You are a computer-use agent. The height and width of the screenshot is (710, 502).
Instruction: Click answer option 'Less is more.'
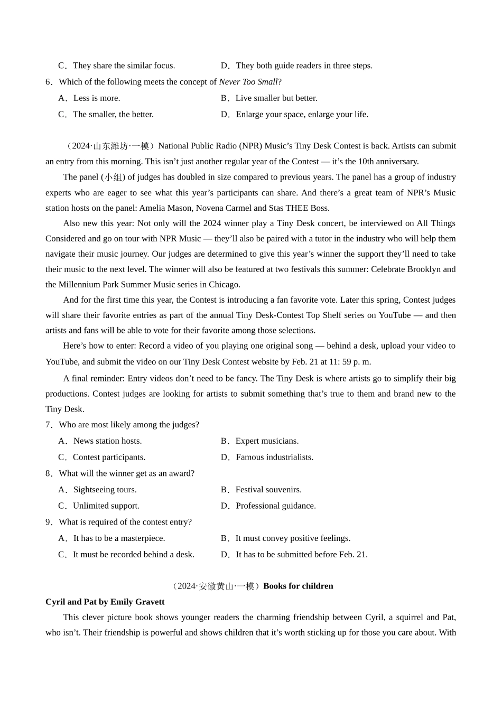[97, 98]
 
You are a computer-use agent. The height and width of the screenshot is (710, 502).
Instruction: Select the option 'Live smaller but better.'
[276, 98]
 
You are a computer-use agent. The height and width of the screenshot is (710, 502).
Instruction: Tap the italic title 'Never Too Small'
[248, 82]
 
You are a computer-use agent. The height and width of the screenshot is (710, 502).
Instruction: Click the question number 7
[49, 425]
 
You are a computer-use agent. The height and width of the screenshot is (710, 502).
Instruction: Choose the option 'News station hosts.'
[107, 441]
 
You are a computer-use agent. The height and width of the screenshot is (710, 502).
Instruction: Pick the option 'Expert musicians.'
[267, 441]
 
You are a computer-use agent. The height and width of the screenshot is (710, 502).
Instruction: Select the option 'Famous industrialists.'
[274, 457]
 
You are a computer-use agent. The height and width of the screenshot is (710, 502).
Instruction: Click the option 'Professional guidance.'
[276, 506]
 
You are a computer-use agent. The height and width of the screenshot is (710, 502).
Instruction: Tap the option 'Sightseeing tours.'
[105, 490]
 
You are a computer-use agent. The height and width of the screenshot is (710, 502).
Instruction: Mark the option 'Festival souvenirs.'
[268, 490]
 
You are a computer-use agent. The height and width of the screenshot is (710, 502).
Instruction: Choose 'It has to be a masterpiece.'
[119, 538]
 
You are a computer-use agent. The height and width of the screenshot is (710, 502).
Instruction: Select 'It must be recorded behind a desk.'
[134, 555]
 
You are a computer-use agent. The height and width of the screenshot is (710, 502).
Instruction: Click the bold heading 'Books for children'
[298, 586]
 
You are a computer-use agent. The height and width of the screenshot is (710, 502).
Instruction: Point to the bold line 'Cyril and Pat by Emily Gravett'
[105, 602]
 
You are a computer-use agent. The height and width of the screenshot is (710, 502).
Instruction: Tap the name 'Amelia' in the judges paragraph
[153, 208]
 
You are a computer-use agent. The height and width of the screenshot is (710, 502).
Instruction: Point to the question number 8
[49, 473]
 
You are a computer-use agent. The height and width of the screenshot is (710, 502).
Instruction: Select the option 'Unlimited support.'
[106, 506]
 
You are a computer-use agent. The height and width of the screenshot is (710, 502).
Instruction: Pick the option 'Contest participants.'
[109, 457]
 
